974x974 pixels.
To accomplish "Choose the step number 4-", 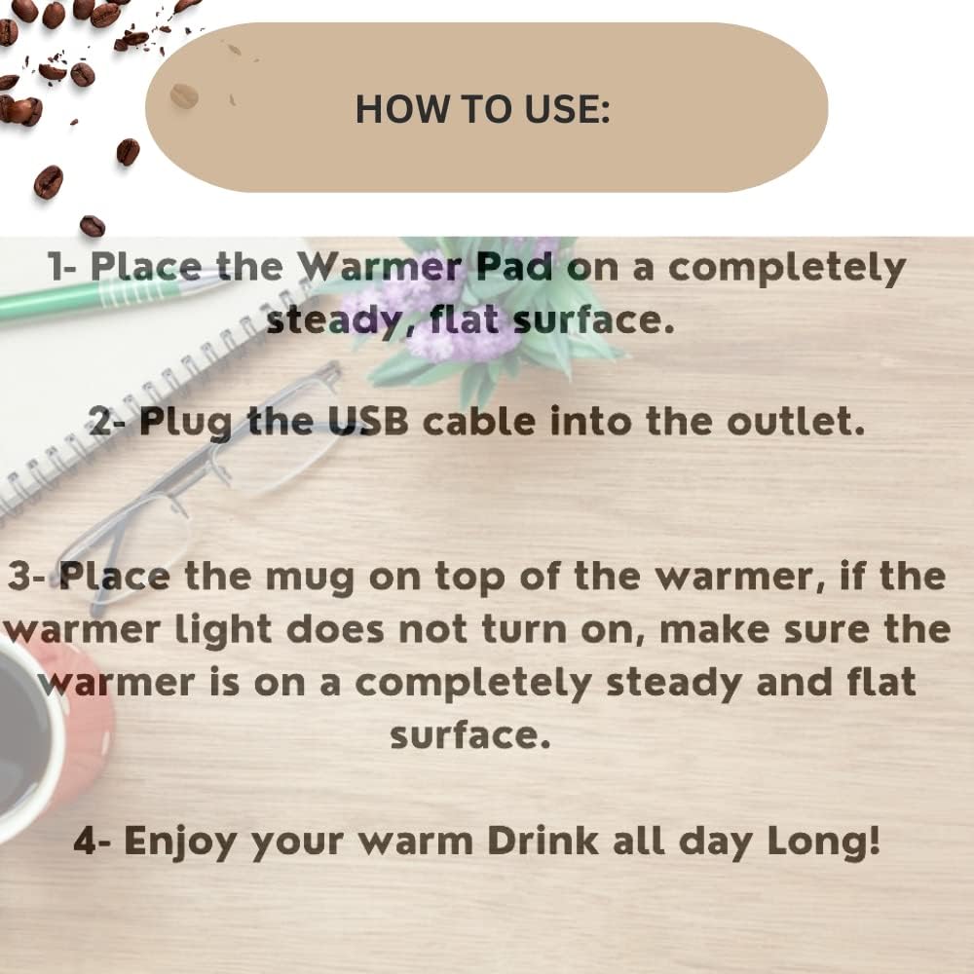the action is (93, 841).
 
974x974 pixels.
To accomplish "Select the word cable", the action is (479, 421).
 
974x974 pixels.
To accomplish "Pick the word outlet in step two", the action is (796, 421).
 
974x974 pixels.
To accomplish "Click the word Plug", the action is (186, 424).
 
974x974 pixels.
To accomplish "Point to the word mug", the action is (310, 579).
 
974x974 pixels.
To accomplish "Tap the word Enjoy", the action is (180, 843).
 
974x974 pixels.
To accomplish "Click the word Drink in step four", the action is (543, 841).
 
